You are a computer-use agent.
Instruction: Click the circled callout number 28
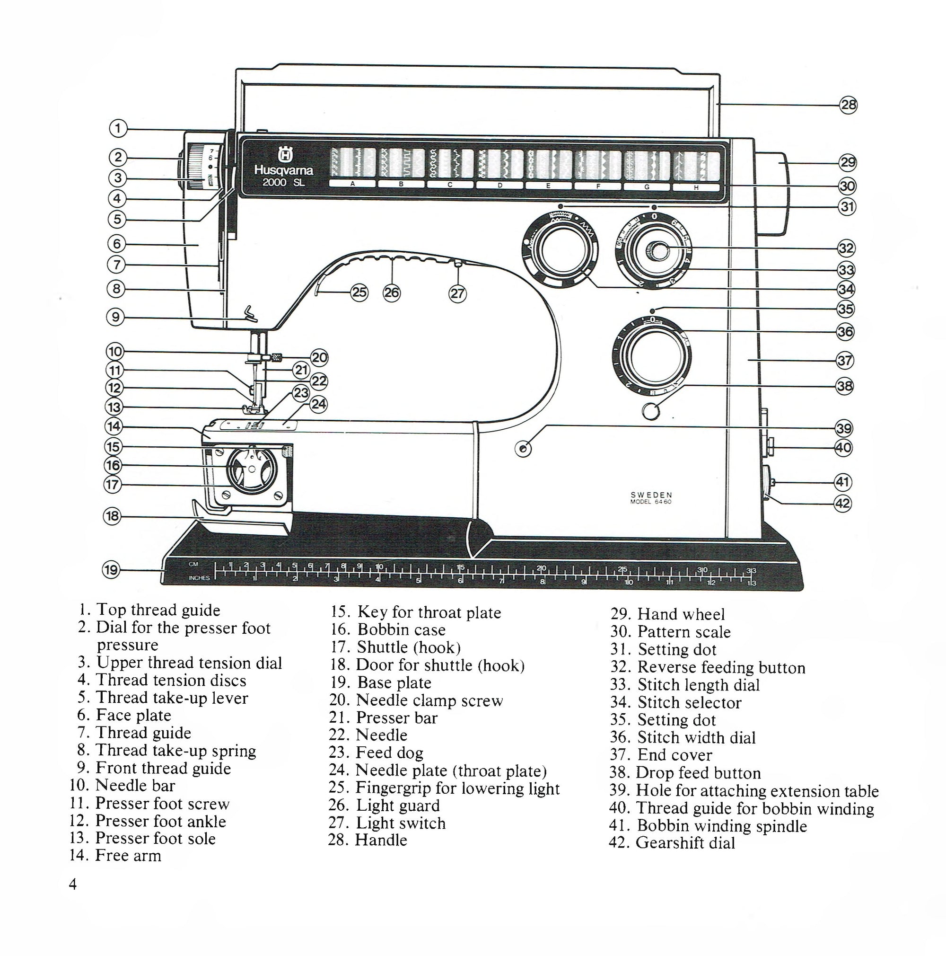click(848, 105)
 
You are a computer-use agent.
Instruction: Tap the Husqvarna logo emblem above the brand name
click(284, 155)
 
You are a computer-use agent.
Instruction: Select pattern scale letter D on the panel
click(499, 185)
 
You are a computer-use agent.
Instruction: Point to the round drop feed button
click(651, 411)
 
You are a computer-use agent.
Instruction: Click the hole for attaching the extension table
click(523, 449)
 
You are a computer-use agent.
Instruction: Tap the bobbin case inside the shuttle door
click(251, 468)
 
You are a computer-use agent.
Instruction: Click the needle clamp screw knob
click(278, 357)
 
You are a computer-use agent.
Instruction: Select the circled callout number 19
click(111, 569)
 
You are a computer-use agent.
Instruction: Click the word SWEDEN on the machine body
click(651, 495)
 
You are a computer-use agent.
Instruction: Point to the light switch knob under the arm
click(458, 263)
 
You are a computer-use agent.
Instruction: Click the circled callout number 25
click(359, 292)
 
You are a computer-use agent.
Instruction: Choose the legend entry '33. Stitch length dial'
click(685, 685)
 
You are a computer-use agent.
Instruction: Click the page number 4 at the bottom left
click(73, 884)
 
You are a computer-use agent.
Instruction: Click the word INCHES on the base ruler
click(199, 578)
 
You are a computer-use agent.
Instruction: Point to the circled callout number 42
click(843, 504)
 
